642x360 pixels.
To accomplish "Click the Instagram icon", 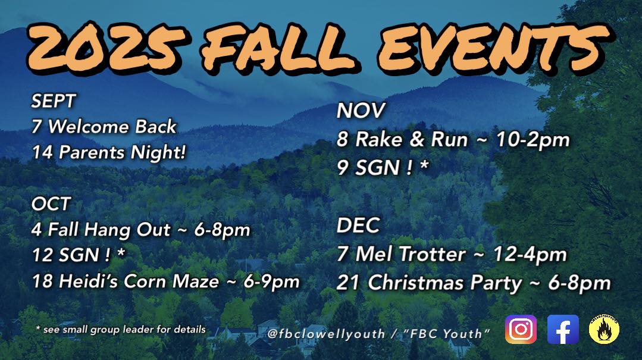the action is (521, 329).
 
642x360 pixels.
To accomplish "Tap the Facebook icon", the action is (563, 329).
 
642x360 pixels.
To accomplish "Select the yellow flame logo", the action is (604, 330).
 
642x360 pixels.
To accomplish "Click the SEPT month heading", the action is (54, 101).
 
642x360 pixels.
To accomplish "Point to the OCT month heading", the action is (51, 204).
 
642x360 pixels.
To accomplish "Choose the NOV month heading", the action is (361, 111).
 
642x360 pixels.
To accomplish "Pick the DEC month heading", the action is (358, 226).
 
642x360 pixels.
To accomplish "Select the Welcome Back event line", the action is (104, 127).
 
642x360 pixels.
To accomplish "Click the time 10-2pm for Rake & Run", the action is (533, 140).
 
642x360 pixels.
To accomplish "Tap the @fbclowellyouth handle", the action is (326, 334).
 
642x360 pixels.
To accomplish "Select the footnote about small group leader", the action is (121, 329).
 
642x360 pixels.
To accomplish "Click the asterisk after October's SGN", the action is (121, 252).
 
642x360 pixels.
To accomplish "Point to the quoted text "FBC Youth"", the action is (446, 333).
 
